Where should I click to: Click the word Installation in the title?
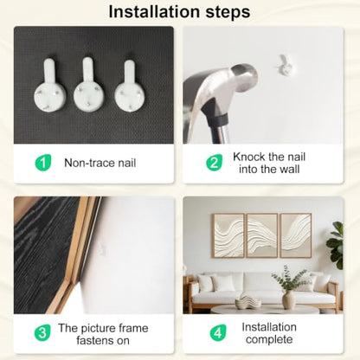click(154, 12)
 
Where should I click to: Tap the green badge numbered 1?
click(43, 163)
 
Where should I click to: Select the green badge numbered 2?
click(214, 163)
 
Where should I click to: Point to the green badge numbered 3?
click(42, 333)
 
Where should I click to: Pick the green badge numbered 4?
click(218, 333)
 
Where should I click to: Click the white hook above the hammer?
click(285, 66)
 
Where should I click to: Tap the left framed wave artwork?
click(228, 235)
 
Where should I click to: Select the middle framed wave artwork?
click(262, 235)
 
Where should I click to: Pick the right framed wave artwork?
click(296, 235)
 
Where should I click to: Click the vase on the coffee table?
click(288, 300)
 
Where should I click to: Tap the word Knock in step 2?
click(249, 157)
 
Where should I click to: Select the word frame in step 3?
click(132, 328)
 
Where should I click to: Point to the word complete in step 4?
click(269, 340)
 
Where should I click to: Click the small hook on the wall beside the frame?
click(102, 250)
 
